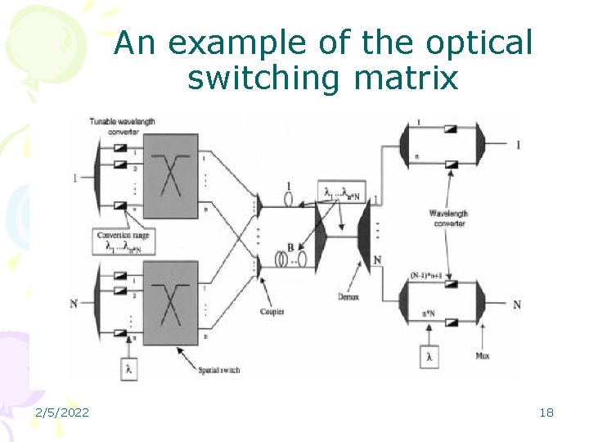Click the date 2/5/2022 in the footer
(x=63, y=413)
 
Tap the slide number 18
(x=546, y=413)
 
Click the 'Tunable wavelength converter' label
(x=124, y=126)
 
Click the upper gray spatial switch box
(x=171, y=175)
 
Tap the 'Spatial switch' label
(x=220, y=371)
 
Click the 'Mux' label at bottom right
(x=482, y=356)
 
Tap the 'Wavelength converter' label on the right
(x=448, y=218)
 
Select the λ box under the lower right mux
(x=429, y=357)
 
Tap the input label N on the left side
(x=74, y=304)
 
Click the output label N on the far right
(x=516, y=304)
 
